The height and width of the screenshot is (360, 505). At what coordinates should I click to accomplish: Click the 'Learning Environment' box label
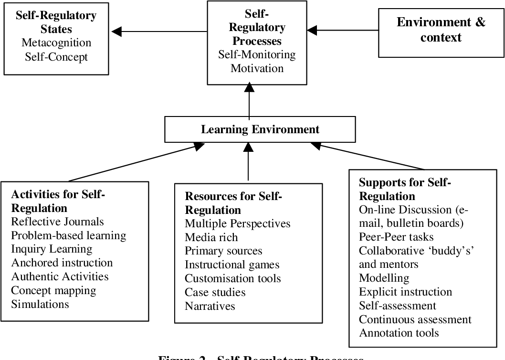tap(260, 129)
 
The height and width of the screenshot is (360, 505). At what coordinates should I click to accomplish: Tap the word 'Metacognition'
tap(56, 42)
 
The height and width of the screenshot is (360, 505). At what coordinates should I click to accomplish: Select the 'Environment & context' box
tap(441, 30)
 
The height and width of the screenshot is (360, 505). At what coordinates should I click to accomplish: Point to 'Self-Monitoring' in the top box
tap(257, 54)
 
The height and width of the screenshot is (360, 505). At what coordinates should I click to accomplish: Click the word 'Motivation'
tap(257, 68)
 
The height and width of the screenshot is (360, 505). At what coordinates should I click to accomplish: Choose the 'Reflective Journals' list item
tap(57, 222)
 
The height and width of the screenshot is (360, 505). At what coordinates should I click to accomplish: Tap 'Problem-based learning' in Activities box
tap(68, 235)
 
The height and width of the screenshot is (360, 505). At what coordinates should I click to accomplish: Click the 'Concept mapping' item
tap(53, 290)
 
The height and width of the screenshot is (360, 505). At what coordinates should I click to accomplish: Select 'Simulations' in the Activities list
tap(40, 304)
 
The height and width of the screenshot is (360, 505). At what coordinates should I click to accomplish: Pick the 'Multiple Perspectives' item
tap(238, 223)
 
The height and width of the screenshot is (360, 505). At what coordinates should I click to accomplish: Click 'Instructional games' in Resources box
tap(232, 265)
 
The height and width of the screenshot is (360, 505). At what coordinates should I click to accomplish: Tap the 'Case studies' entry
tap(215, 292)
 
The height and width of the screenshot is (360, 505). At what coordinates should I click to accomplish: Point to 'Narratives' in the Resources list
tap(210, 306)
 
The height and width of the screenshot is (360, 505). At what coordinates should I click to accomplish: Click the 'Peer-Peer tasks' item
tap(395, 236)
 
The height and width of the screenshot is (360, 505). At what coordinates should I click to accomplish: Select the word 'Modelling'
tap(384, 278)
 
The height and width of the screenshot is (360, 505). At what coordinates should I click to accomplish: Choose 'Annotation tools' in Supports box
tap(399, 333)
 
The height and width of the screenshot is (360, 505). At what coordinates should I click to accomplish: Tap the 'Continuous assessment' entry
tap(415, 319)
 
